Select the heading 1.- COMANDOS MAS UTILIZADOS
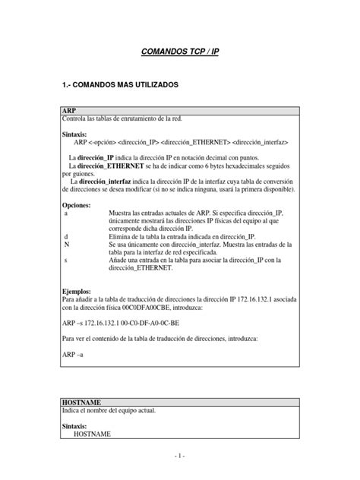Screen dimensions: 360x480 point(120,86)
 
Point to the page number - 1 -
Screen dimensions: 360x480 point(180,456)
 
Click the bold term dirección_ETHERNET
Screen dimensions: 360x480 point(104,165)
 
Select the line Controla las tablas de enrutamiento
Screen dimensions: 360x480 point(122,118)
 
